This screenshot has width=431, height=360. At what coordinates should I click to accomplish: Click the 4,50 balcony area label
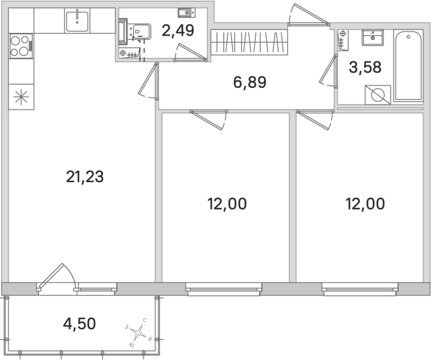tap(79, 323)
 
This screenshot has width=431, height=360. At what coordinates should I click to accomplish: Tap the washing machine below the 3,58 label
tap(377, 95)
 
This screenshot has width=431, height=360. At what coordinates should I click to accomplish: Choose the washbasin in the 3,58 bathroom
tap(372, 37)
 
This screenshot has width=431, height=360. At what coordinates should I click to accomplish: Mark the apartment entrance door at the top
tap(308, 16)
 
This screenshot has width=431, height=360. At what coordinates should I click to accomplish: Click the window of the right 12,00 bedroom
tap(360, 289)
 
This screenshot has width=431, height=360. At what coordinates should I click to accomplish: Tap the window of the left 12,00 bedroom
tap(224, 289)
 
